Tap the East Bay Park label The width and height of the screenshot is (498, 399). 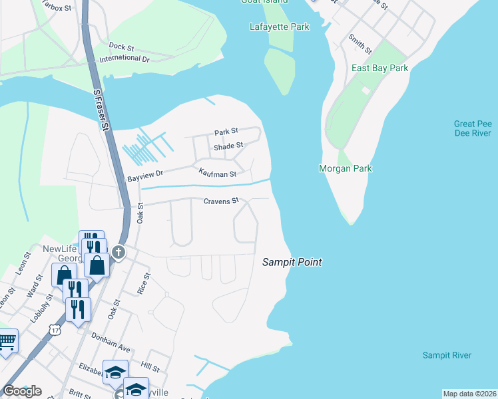pos(379,68)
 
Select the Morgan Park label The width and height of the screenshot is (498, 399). pos(345,169)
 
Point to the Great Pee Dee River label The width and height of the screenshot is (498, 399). pos(472,128)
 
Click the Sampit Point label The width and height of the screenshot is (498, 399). pos(292,262)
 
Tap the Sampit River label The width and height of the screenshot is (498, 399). pos(447,355)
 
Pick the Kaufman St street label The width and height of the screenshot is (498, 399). pos(218,174)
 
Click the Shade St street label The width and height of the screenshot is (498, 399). pos(228,146)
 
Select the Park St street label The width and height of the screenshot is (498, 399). pos(226,132)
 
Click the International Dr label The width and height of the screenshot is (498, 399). pos(124,59)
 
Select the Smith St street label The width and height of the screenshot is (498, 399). pos(360,45)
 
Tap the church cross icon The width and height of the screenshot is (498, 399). pos(118,252)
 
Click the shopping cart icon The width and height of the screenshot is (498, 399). pos(7,341)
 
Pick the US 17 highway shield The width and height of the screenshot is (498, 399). pos(56,329)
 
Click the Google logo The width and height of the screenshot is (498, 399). pos(22,391)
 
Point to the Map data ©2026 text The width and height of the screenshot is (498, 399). pos(469,394)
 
